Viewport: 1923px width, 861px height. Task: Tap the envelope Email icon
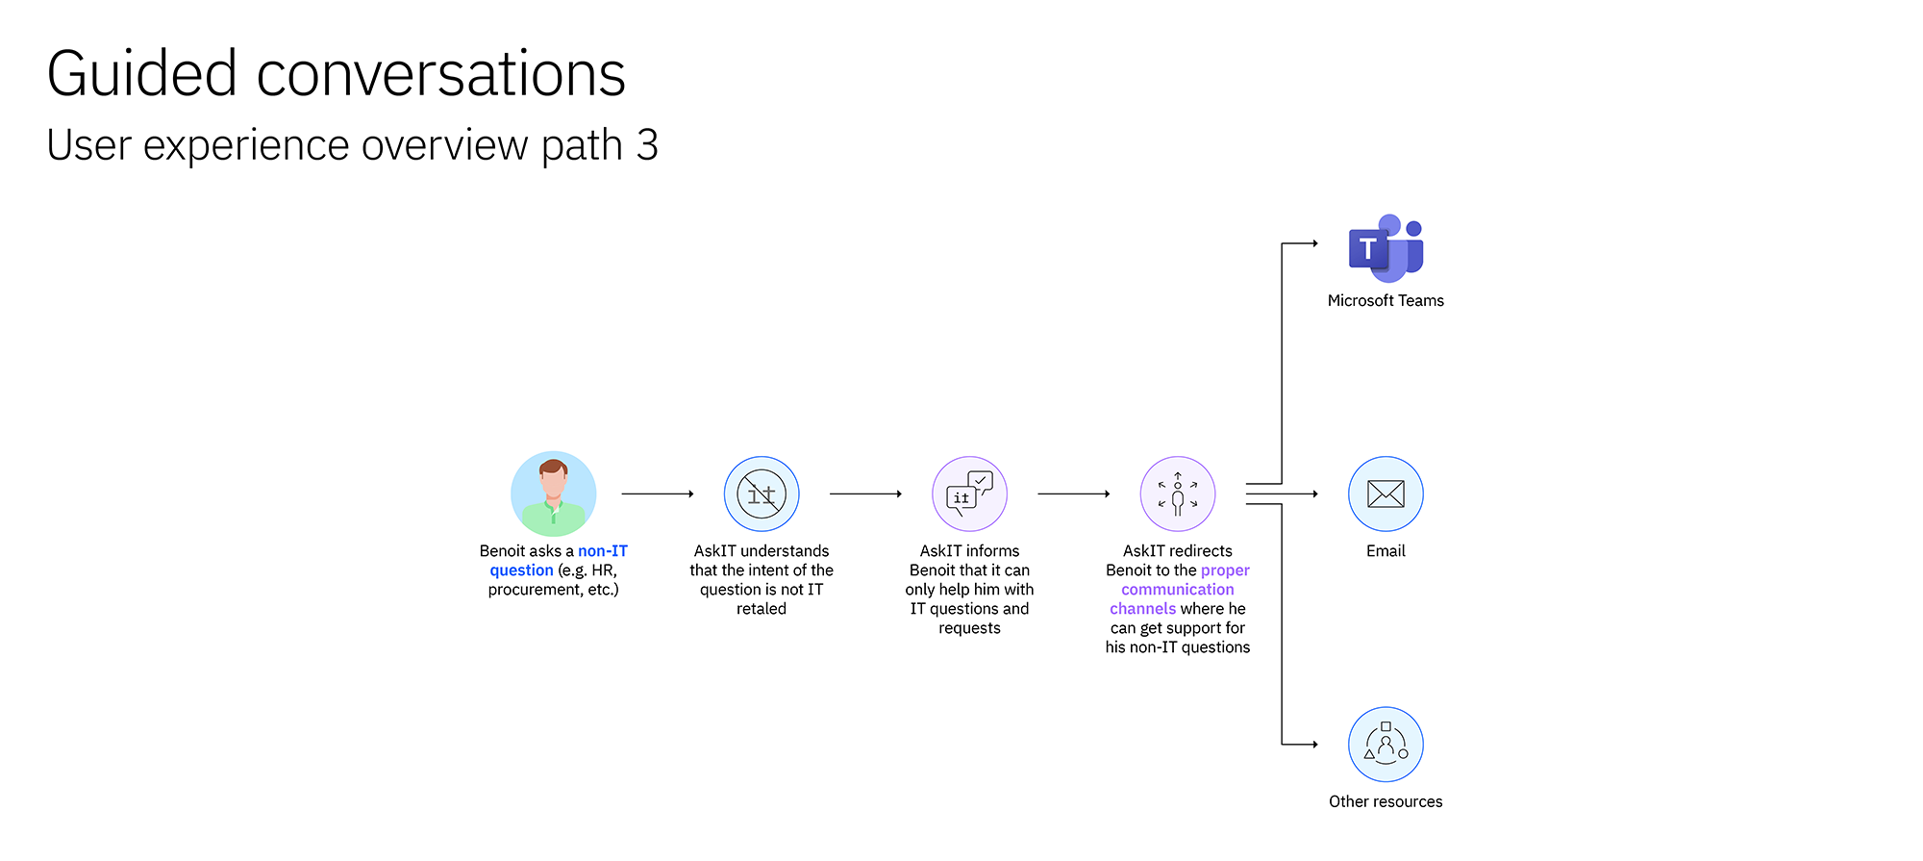tap(1386, 494)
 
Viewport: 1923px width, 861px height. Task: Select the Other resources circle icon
tap(1386, 745)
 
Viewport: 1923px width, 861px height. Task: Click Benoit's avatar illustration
tap(554, 494)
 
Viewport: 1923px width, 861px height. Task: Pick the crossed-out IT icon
tap(762, 494)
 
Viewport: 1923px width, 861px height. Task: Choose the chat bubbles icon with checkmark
tap(969, 494)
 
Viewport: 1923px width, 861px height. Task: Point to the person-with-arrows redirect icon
tap(1178, 494)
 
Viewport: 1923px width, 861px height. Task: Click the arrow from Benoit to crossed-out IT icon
tap(658, 494)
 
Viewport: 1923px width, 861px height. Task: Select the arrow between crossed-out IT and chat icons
tap(865, 494)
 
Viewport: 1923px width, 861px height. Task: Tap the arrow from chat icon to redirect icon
tap(1074, 494)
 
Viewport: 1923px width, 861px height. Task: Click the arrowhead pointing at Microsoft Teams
tap(1315, 243)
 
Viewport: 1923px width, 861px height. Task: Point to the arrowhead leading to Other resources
tap(1315, 744)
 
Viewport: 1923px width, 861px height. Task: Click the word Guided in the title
tap(142, 74)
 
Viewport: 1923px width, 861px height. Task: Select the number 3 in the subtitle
tap(647, 145)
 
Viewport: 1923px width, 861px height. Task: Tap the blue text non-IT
tap(603, 551)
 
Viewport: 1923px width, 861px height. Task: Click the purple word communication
tap(1178, 590)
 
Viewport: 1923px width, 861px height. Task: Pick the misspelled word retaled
tap(762, 609)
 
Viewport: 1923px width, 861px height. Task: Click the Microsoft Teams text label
tap(1386, 301)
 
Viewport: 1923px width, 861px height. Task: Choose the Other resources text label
tap(1386, 801)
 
